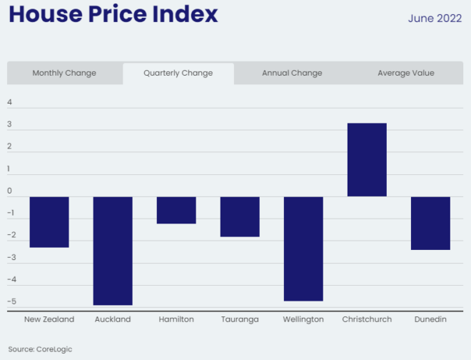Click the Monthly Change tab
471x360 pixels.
(64, 73)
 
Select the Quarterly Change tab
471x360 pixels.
(178, 73)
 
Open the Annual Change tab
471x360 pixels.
(292, 73)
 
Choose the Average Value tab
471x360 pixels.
(405, 73)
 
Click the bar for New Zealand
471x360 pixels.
(49, 221)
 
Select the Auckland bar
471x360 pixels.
(113, 251)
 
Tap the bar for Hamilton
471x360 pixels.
(176, 210)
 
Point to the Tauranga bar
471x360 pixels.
(240, 216)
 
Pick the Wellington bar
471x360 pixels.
(303, 249)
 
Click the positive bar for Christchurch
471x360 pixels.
(367, 160)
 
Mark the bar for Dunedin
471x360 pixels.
(430, 223)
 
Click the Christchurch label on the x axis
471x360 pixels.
(367, 319)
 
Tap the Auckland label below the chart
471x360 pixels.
(113, 319)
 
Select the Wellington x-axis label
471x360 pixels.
(303, 319)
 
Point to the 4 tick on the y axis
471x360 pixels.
(10, 102)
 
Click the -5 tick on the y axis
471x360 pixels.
(10, 301)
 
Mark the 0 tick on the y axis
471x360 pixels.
(10, 191)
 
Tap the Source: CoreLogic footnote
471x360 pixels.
(40, 349)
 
